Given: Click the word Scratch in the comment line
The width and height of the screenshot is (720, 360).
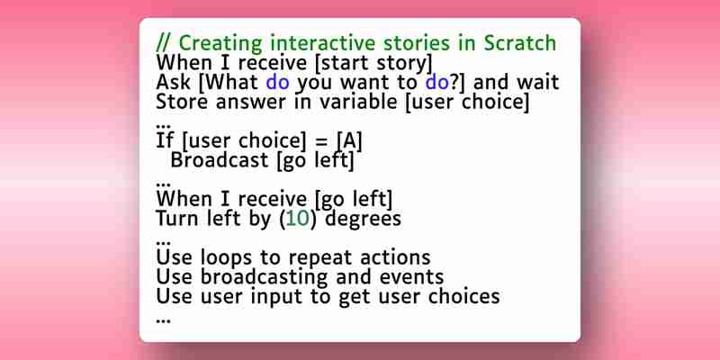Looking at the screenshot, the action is tap(520, 43).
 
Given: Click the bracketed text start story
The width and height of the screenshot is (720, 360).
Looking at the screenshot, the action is tap(373, 63).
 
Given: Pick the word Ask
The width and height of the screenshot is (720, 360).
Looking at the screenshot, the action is tap(173, 82).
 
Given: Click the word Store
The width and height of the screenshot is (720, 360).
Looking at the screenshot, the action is tap(183, 102).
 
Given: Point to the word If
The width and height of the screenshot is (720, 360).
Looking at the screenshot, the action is tap(165, 140).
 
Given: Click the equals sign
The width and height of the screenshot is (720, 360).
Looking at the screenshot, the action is tap(321, 141).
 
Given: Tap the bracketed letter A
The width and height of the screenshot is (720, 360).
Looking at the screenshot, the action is tap(349, 141).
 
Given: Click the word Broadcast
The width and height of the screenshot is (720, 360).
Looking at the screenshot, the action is tap(220, 160).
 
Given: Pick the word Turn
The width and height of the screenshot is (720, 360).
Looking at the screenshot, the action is tap(176, 218).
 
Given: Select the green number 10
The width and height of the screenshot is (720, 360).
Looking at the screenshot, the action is tap(297, 219).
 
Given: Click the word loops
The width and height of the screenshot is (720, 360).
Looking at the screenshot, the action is tap(227, 258).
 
